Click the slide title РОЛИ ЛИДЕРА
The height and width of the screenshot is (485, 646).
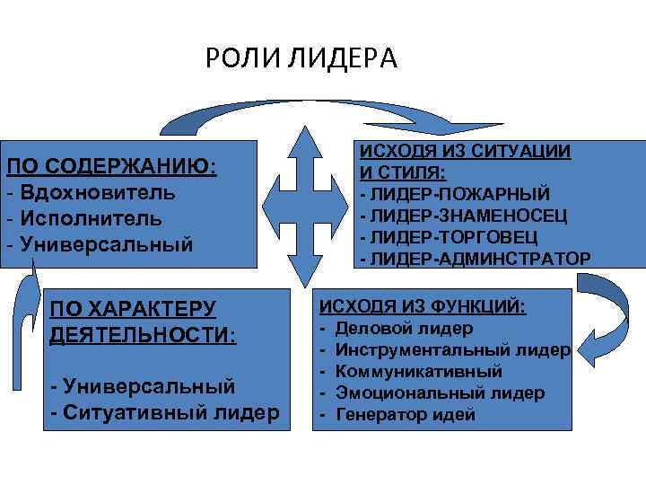(x=300, y=59)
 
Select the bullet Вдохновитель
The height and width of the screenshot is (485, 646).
(x=97, y=192)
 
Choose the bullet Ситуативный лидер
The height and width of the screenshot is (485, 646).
(x=167, y=412)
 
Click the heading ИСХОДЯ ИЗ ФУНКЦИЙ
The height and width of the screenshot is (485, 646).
(x=423, y=306)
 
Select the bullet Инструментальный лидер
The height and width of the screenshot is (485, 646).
(x=452, y=350)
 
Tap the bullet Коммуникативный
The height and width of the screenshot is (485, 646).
(x=417, y=371)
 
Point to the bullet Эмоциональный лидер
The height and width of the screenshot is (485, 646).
(x=440, y=392)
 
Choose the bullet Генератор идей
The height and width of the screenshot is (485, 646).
(x=405, y=414)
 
